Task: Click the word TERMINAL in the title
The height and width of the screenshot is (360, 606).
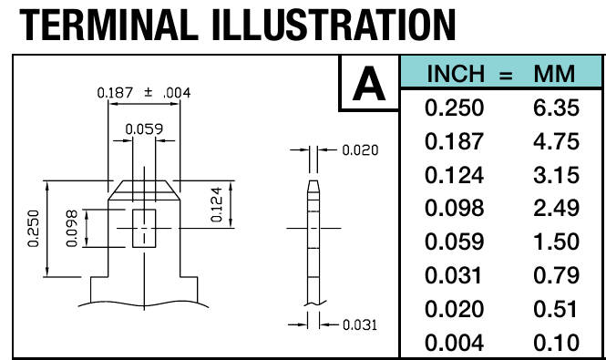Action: [109, 26]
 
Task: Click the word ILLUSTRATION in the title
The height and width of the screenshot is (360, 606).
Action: [334, 26]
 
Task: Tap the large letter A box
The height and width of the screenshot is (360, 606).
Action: [369, 83]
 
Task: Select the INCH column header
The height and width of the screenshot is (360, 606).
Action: [456, 74]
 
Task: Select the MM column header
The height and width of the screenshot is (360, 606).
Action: [554, 74]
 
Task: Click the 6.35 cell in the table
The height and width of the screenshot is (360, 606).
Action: [556, 108]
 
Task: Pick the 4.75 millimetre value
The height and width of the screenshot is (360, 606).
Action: [556, 141]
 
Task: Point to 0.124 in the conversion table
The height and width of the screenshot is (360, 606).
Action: [454, 175]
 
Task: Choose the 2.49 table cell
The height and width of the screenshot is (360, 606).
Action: [556, 208]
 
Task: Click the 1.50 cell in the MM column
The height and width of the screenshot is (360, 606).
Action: [556, 242]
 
